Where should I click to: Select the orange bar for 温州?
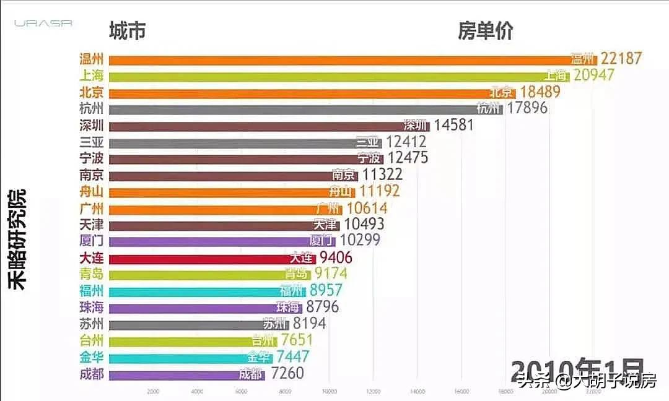pyautogui.click(x=341, y=59)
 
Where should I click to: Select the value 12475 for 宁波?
pyautogui.click(x=407, y=158)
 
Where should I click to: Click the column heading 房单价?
pyautogui.click(x=485, y=30)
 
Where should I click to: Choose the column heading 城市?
pyautogui.click(x=127, y=30)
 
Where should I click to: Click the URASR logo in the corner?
pyautogui.click(x=43, y=23)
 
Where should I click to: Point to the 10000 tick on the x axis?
pyautogui.click(x=329, y=391)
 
